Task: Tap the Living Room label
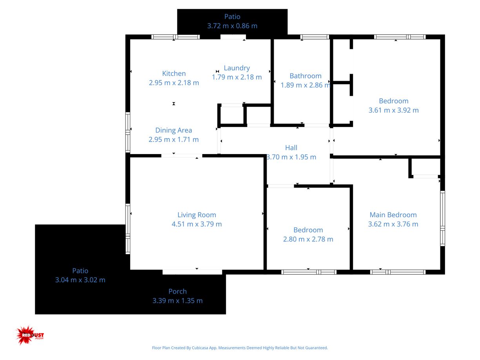(196, 215)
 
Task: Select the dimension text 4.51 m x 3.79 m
(196, 224)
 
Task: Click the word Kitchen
(174, 73)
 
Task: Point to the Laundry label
(236, 68)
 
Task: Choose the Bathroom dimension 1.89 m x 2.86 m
(305, 85)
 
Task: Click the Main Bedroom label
(393, 215)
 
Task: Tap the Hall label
(291, 148)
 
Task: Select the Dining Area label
(173, 130)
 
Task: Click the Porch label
(177, 291)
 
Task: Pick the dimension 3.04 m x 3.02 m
(80, 280)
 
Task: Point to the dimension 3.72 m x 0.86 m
(232, 26)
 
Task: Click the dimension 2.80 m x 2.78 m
(308, 239)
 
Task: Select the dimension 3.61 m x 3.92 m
(393, 110)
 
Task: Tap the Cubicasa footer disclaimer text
(240, 348)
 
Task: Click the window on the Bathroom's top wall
(315, 37)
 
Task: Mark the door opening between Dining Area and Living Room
(182, 156)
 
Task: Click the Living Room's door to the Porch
(192, 272)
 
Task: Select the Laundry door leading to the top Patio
(233, 37)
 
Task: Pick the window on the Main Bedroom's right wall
(442, 218)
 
